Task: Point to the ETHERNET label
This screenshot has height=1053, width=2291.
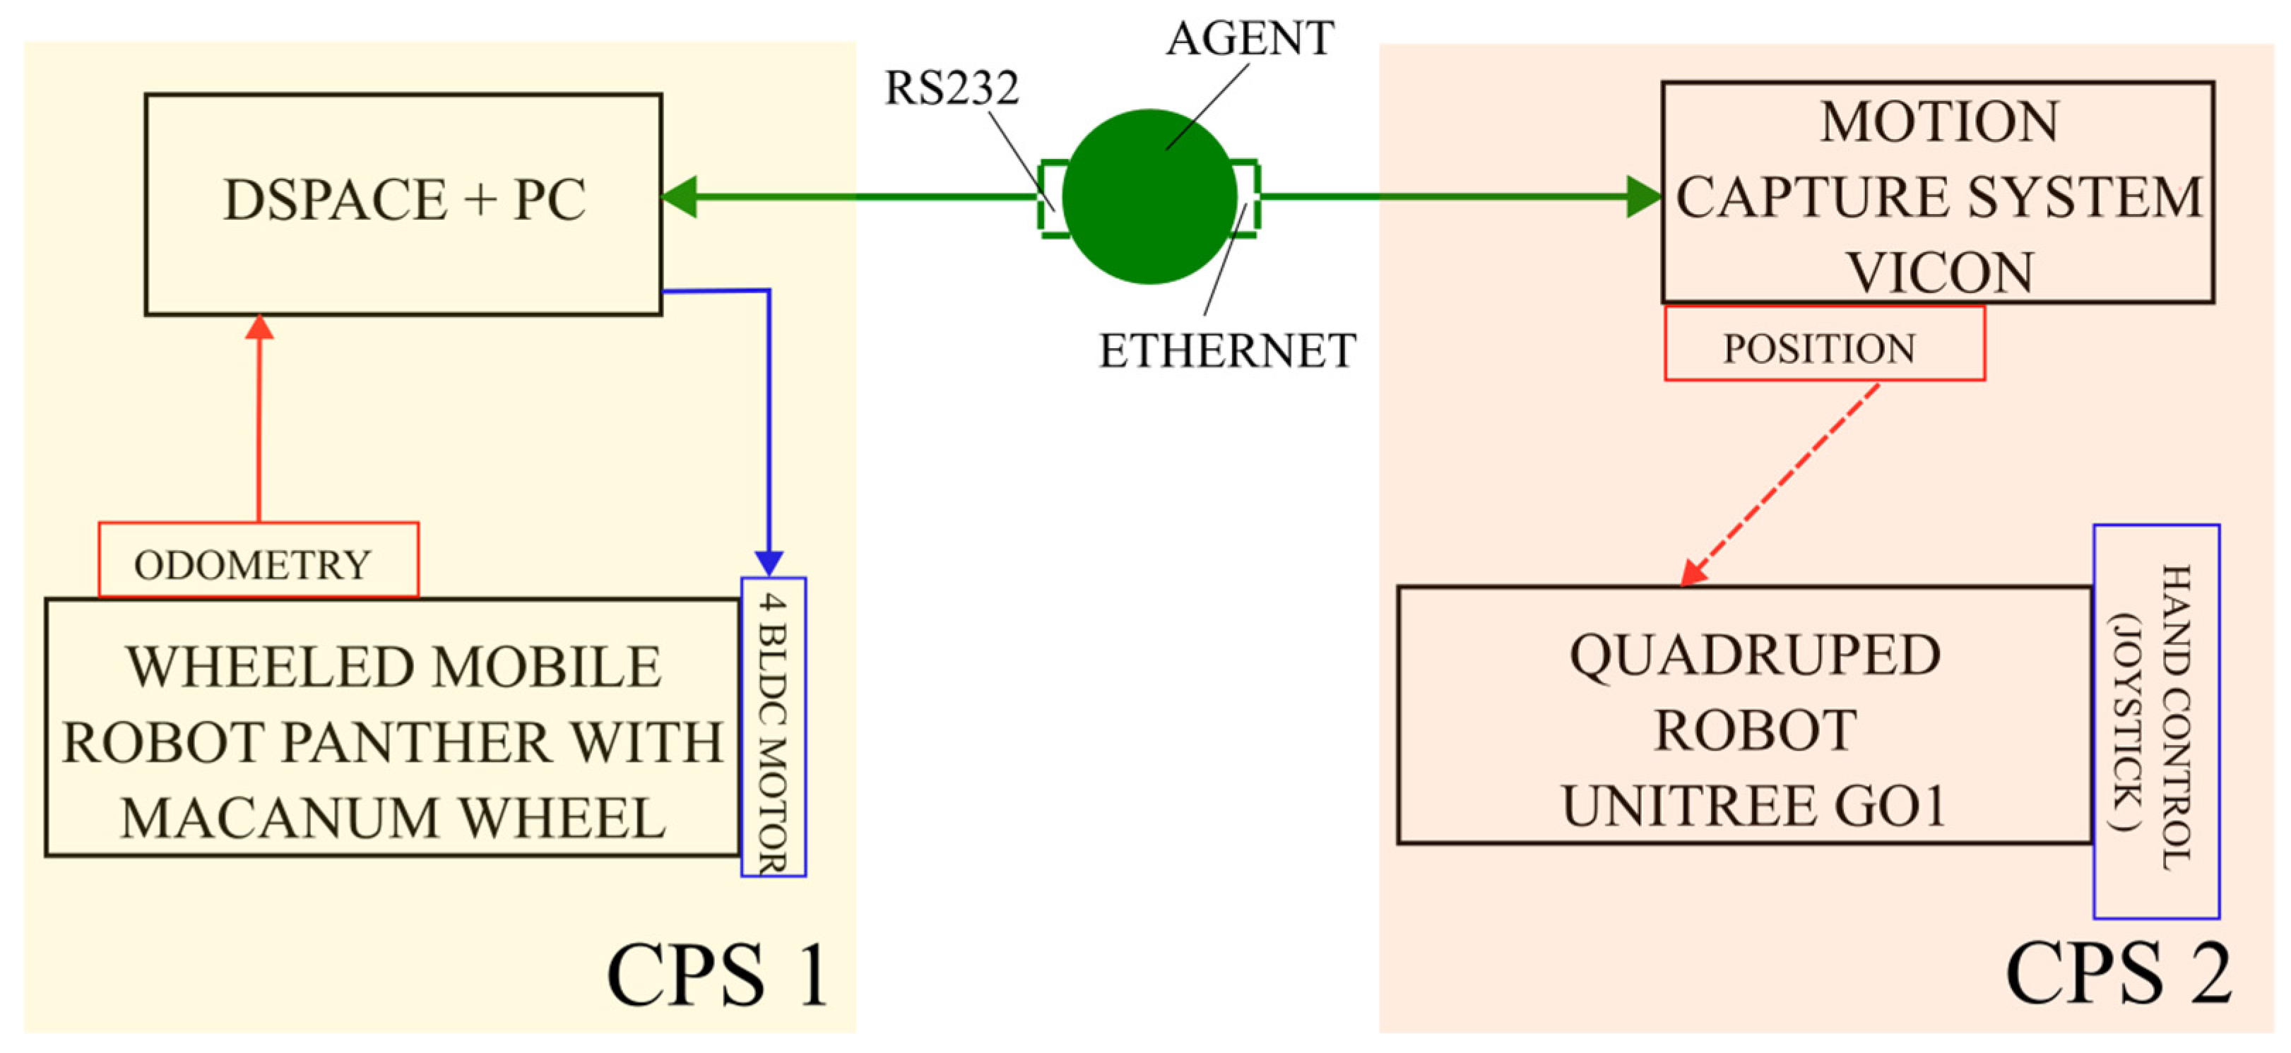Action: (x=1226, y=350)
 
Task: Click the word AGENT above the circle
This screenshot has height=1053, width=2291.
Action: (x=1250, y=39)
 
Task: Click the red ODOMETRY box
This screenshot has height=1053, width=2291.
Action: (x=258, y=560)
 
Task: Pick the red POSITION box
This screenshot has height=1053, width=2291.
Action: (x=1823, y=344)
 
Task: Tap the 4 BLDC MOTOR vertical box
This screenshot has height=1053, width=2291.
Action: (x=773, y=727)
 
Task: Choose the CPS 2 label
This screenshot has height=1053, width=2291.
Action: (x=2118, y=974)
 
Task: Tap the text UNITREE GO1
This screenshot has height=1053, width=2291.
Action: (x=1754, y=807)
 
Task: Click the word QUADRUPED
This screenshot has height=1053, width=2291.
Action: (x=1754, y=655)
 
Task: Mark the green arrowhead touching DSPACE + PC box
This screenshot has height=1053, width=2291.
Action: (x=680, y=196)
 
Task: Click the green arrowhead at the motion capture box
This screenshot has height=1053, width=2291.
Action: (x=1643, y=196)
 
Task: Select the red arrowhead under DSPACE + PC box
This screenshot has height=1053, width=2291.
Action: (x=259, y=327)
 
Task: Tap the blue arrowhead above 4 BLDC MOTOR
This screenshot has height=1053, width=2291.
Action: (x=769, y=563)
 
